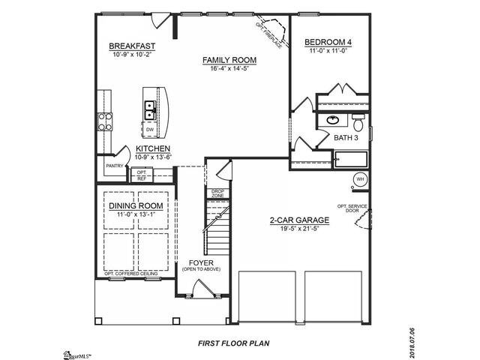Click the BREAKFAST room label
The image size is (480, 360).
[x=131, y=45]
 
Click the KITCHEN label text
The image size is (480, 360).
[x=152, y=148]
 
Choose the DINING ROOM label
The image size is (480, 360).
[x=136, y=206]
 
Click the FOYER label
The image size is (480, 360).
[x=201, y=262]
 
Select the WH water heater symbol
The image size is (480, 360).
[x=359, y=179]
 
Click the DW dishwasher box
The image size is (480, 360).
[x=150, y=130]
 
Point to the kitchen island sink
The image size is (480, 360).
[x=149, y=109]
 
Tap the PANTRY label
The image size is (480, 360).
[x=115, y=166]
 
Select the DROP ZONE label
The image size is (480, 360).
[x=217, y=193]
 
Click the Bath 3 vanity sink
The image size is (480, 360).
[x=332, y=119]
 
